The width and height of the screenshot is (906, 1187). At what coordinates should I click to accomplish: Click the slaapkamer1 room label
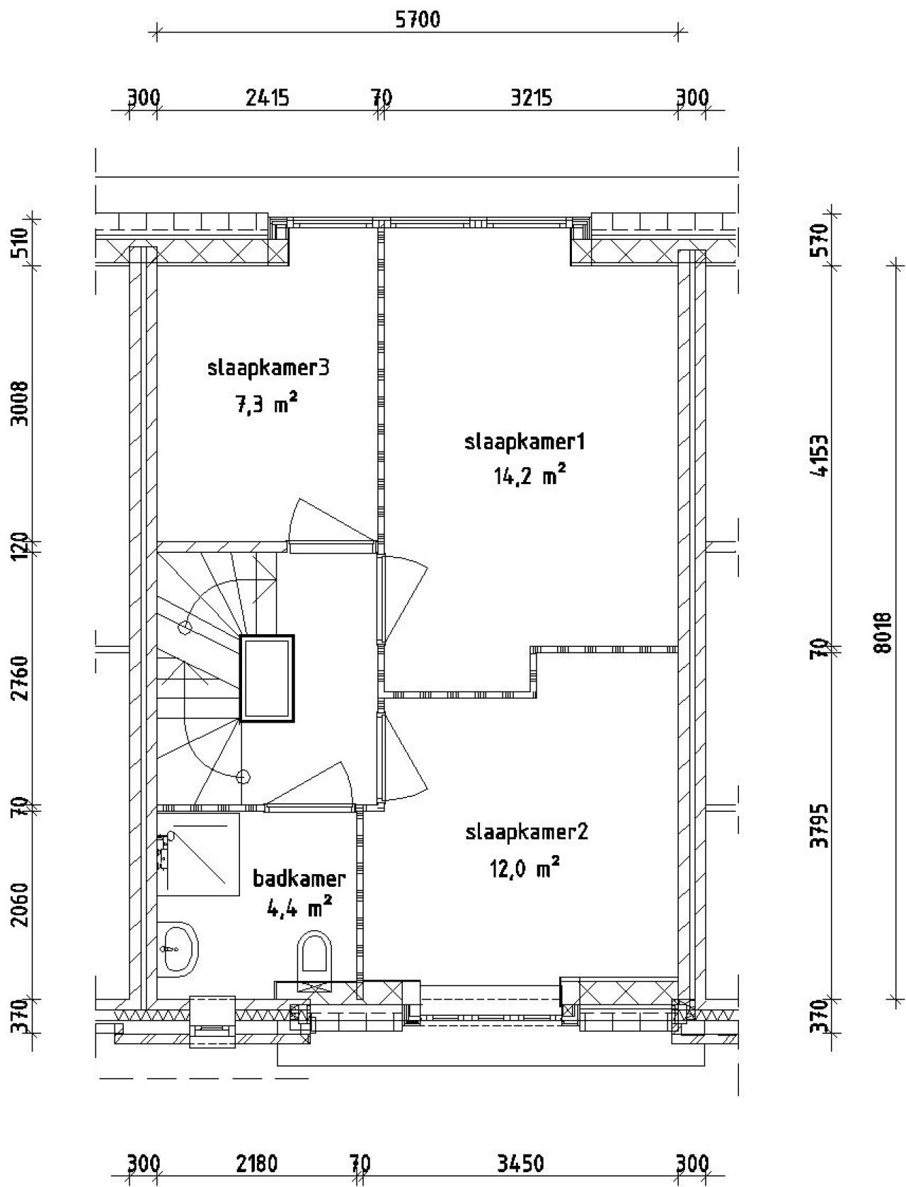tap(524, 442)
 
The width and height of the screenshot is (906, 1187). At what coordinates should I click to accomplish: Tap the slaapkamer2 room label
tap(526, 832)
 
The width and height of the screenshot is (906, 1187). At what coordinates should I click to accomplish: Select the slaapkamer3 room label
tap(268, 368)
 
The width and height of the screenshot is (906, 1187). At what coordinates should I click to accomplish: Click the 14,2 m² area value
tap(529, 476)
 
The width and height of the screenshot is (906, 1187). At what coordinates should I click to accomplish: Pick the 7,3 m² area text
tap(266, 403)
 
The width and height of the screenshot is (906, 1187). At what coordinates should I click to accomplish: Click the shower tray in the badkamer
tap(198, 854)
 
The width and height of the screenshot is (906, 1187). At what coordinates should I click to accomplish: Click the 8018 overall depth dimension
tap(885, 633)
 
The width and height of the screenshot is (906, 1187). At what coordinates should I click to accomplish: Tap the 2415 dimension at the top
tap(267, 98)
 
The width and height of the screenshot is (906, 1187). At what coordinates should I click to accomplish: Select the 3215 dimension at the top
tap(532, 98)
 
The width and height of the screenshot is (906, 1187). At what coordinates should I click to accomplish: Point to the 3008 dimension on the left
tap(20, 403)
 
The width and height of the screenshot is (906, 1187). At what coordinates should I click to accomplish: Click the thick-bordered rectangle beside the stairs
tap(267, 678)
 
